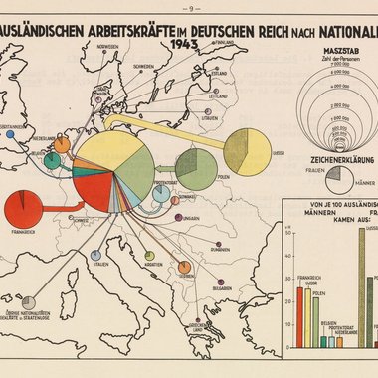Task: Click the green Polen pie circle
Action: pos(196,166)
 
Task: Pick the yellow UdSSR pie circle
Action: pos(247,150)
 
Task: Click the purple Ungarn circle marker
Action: pos(176,215)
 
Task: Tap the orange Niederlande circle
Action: pos(62,144)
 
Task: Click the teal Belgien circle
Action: pos(51,160)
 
